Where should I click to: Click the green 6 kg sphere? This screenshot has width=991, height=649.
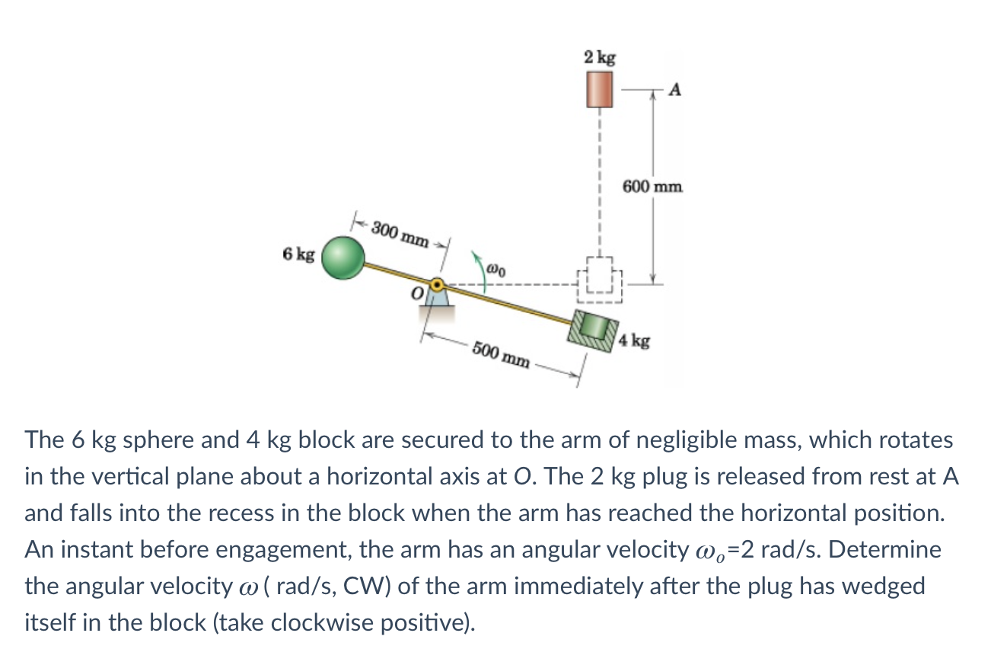click(344, 256)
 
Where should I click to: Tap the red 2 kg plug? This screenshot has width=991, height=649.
click(600, 89)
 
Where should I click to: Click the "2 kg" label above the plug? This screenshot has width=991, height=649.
click(600, 57)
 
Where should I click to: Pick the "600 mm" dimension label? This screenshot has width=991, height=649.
click(653, 186)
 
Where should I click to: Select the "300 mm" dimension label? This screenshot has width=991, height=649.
click(400, 234)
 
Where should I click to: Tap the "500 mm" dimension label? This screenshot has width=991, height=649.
click(500, 354)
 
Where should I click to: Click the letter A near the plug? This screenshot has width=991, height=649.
click(675, 90)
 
